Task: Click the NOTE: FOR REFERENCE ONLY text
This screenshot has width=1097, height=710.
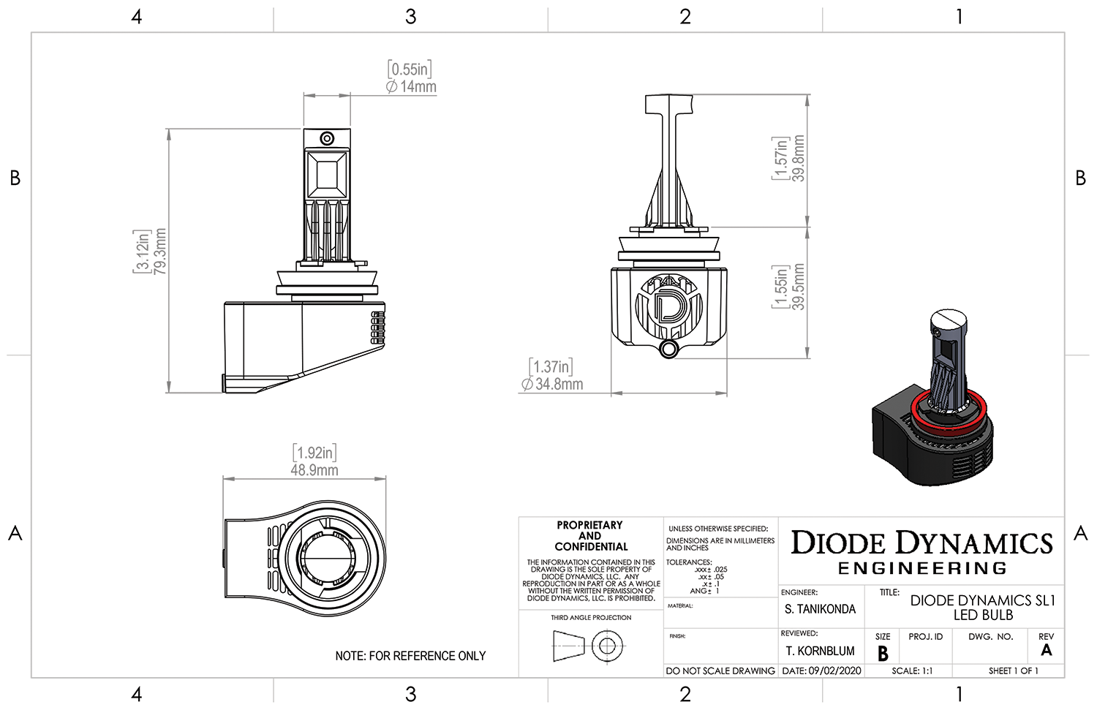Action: tap(410, 656)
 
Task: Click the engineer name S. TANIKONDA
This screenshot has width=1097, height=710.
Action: tap(820, 609)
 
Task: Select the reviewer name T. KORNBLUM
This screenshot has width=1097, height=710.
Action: tap(820, 651)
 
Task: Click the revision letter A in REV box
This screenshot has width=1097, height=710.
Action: tap(1047, 650)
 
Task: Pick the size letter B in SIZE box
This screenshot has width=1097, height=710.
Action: tap(883, 653)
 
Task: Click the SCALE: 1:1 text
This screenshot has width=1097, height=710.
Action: tap(912, 671)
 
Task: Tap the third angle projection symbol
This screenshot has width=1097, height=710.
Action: tap(589, 646)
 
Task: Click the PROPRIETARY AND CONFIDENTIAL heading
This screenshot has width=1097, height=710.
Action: tap(590, 536)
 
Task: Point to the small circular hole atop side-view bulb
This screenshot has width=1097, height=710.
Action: tap(327, 139)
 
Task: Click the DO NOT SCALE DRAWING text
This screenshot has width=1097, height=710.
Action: tap(720, 671)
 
